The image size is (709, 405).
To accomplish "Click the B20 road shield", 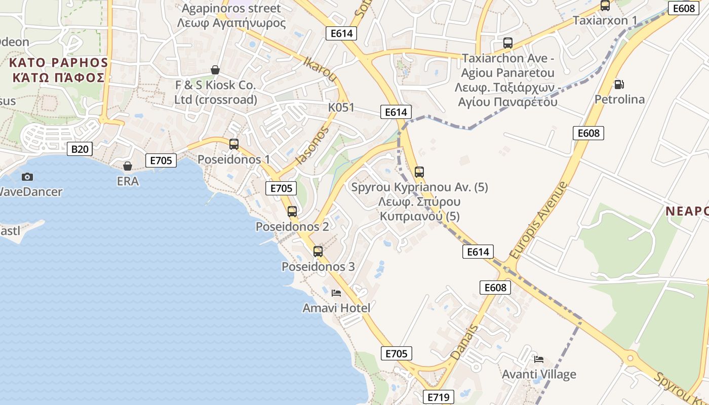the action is click(x=80, y=149).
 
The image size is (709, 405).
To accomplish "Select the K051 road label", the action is click(x=341, y=107).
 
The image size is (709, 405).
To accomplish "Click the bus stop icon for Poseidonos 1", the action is click(x=233, y=144).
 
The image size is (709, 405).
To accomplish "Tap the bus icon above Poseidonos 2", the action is click(x=292, y=212).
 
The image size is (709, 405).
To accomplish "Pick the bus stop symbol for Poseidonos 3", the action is click(x=318, y=252).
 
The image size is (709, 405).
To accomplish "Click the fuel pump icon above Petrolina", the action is click(x=618, y=84).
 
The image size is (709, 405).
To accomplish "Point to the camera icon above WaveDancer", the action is click(x=27, y=177).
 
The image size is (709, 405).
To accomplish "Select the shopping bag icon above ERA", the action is click(x=128, y=166).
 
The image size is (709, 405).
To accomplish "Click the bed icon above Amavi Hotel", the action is click(x=336, y=293).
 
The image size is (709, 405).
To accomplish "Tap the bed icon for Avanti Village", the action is click(x=539, y=359).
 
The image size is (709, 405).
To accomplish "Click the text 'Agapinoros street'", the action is click(x=231, y=9).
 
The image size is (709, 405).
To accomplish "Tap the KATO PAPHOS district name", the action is click(x=59, y=63).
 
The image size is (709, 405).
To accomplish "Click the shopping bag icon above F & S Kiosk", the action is click(x=215, y=70).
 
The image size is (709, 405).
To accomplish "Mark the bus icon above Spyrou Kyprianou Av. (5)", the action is click(x=419, y=172).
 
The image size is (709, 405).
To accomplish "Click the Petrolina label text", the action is click(x=619, y=99).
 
